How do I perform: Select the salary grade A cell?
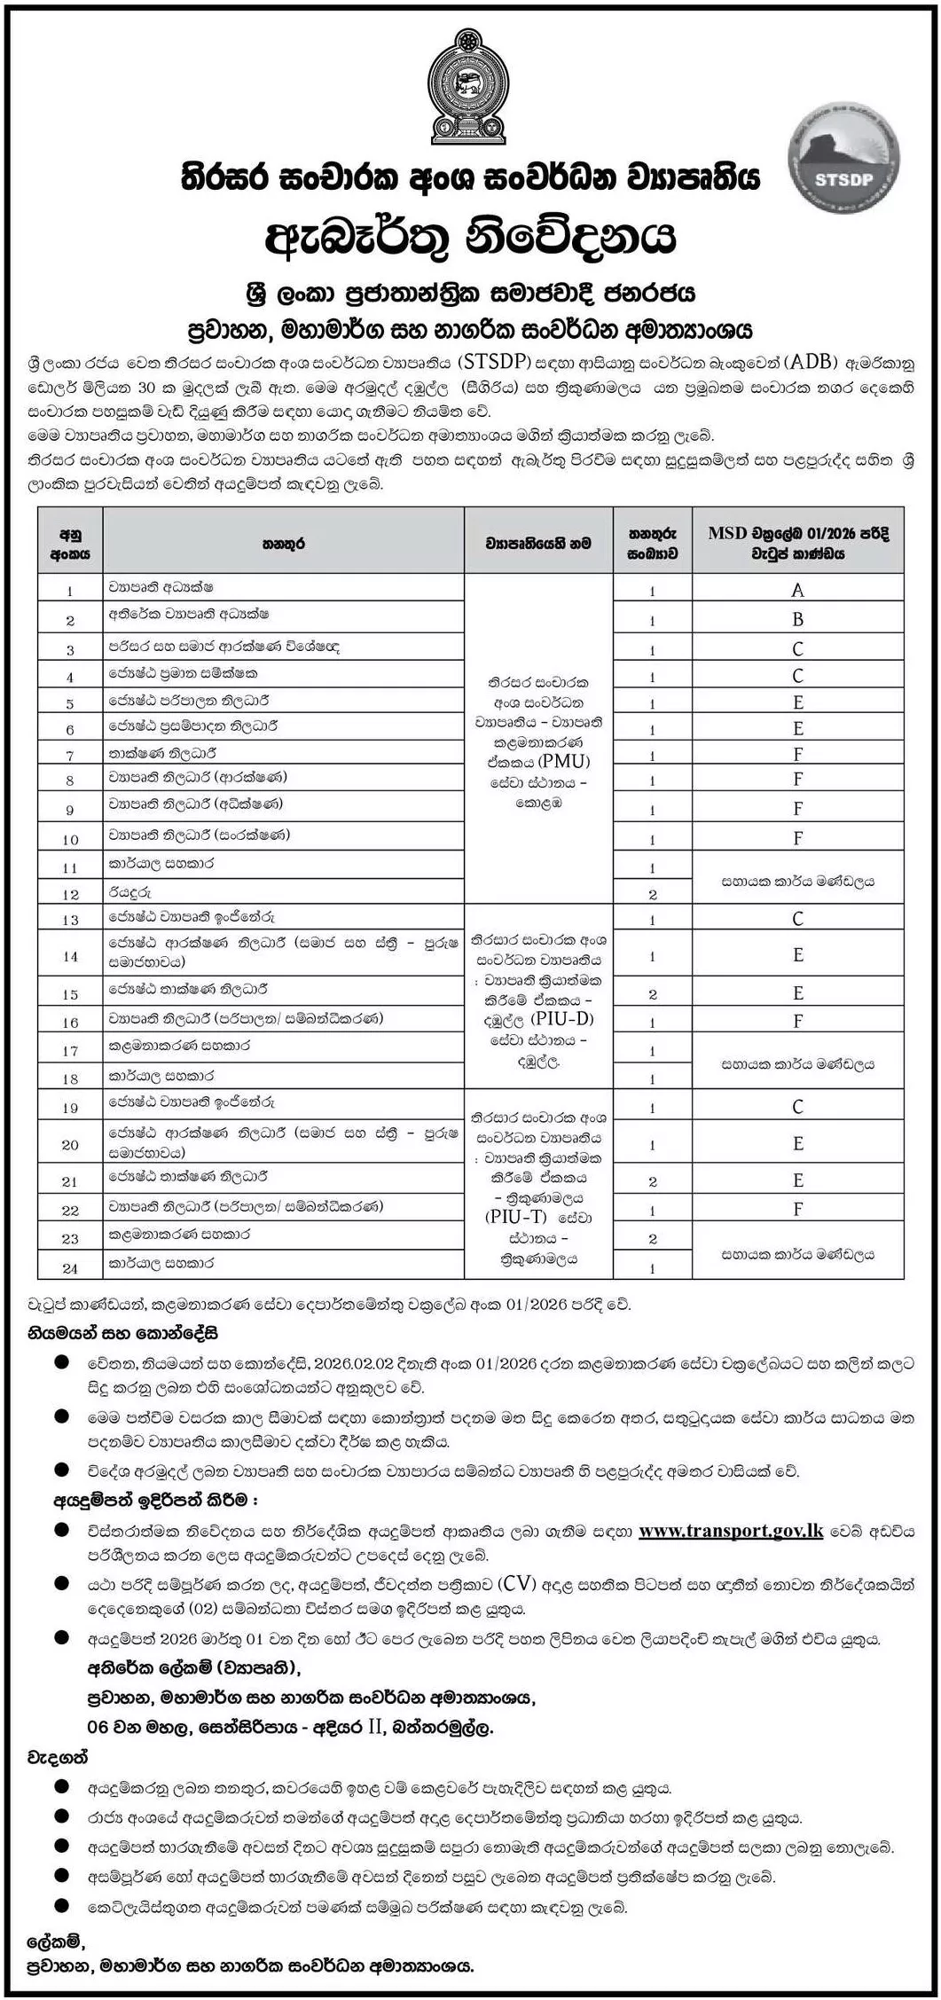(798, 590)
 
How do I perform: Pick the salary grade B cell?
(798, 619)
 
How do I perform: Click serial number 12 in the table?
(70, 894)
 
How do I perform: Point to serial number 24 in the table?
(70, 1268)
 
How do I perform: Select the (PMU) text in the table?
(563, 761)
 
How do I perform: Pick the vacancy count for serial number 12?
(652, 894)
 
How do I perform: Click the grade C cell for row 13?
(798, 919)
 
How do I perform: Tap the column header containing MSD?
(798, 543)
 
